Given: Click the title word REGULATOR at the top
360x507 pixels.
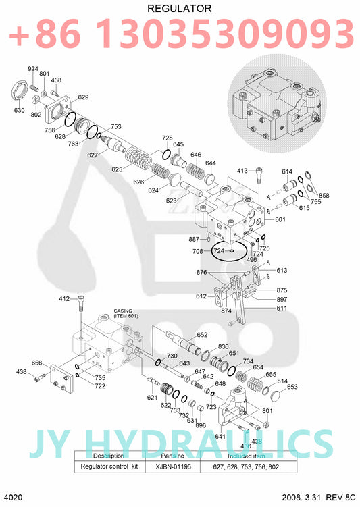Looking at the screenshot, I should click(x=179, y=8).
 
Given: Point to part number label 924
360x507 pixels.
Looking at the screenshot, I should click(x=32, y=69).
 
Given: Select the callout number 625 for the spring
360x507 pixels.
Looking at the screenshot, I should click(x=117, y=169).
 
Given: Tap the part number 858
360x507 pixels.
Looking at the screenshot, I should click(x=324, y=196).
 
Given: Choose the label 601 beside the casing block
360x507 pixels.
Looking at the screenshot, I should click(x=280, y=219).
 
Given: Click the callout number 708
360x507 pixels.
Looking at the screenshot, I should click(x=198, y=251).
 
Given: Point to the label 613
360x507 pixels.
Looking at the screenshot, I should click(x=282, y=270).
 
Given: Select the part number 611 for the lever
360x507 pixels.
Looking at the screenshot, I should click(x=280, y=308).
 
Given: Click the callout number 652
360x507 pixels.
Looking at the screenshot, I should click(x=202, y=335).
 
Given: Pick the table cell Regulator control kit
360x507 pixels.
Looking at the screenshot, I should click(x=110, y=466).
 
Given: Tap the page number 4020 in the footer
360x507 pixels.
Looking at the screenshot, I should click(x=14, y=498).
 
